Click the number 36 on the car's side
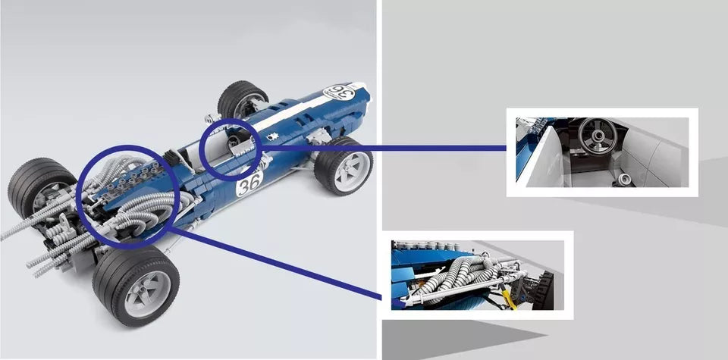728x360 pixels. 249,183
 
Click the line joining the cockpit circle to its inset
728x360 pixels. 383,149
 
